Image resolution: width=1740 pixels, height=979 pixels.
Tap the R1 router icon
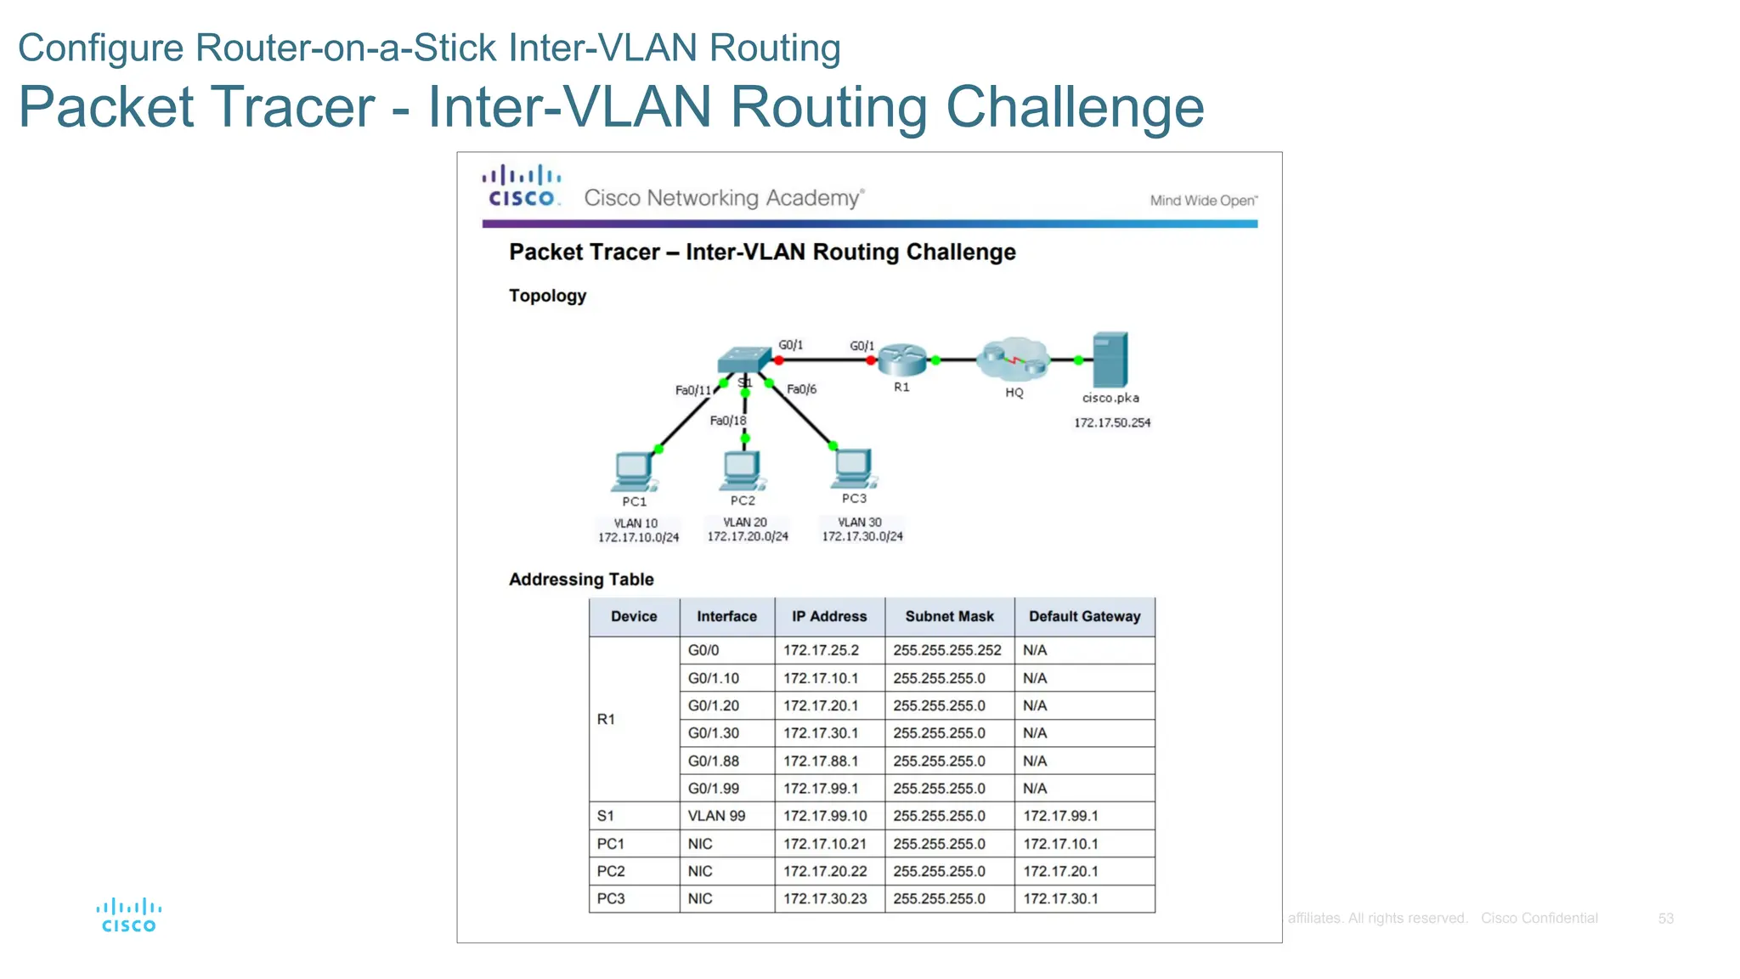901,360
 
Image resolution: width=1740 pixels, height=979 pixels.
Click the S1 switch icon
743,360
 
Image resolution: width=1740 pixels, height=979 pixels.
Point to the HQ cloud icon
1014,359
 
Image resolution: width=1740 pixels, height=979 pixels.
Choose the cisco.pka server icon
1110,359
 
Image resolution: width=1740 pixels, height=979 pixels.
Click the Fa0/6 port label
801,389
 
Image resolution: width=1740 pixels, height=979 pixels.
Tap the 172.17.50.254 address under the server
1111,422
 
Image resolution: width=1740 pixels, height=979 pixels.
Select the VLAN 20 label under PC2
745,523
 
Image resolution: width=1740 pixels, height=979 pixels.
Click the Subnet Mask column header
949,617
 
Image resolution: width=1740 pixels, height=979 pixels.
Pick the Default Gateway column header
1084,617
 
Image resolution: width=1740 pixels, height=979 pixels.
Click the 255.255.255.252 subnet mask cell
947,650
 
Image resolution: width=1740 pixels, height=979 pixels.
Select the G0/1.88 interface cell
714,761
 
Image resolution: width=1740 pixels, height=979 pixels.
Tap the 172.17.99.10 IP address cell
825,816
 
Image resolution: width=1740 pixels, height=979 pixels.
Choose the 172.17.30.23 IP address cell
825,898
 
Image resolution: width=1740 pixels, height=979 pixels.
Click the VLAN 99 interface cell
716,816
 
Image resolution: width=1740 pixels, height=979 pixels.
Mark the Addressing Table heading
581,580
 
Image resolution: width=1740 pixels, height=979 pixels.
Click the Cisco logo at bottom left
129,915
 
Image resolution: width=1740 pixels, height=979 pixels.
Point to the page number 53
1665,919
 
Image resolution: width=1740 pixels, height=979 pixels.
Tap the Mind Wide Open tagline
1203,201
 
